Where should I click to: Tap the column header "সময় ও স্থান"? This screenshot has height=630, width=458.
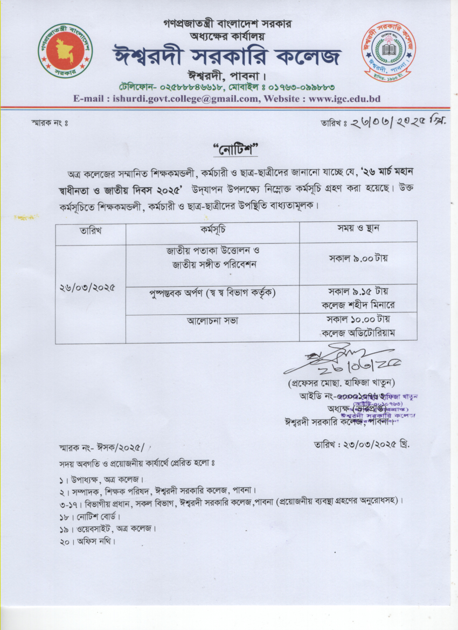tap(358, 228)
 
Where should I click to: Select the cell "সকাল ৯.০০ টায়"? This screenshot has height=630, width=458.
tap(358, 258)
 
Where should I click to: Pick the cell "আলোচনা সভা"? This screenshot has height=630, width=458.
tap(212, 321)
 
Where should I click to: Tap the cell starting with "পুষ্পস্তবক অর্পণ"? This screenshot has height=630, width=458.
tap(212, 293)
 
